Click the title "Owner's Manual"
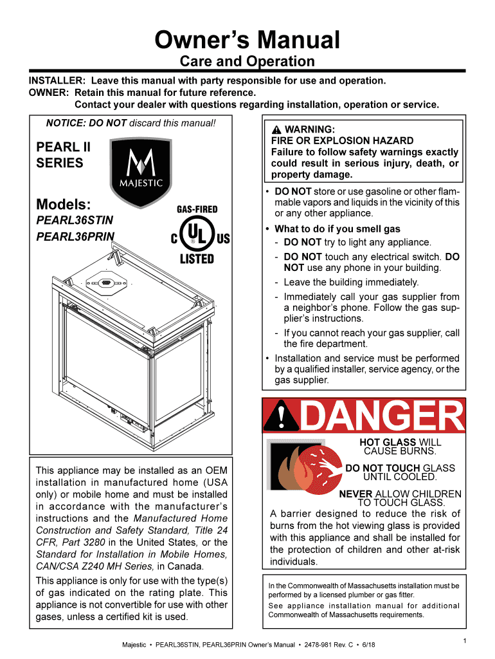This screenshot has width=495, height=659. (x=248, y=41)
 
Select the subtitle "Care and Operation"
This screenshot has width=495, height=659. (x=248, y=62)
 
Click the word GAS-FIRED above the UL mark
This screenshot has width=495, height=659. (x=197, y=209)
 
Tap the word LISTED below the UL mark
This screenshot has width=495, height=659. (x=197, y=259)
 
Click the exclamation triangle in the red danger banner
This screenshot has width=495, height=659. (x=280, y=418)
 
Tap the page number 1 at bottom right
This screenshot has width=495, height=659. (x=464, y=640)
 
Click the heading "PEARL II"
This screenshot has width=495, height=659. (x=63, y=147)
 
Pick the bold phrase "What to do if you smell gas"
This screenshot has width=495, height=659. (x=337, y=229)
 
